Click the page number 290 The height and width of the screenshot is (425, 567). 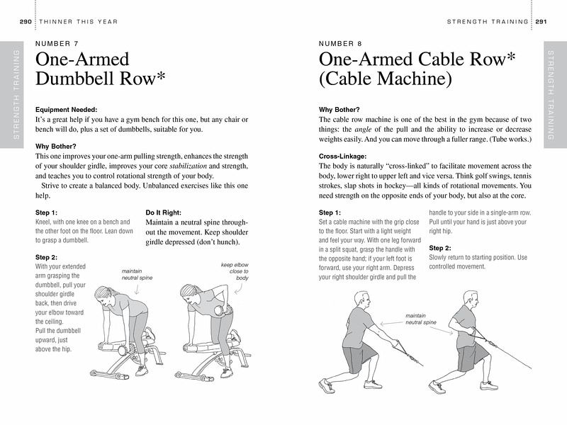(26, 22)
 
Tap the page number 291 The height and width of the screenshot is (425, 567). (541, 22)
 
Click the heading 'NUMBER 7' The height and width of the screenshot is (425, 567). (57, 44)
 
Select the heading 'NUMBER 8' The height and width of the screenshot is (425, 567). (340, 44)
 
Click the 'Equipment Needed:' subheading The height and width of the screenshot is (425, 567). (67, 110)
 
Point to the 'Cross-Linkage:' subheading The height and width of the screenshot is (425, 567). (343, 157)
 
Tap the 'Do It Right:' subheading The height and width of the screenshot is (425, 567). (164, 213)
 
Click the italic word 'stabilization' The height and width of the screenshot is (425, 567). (188, 166)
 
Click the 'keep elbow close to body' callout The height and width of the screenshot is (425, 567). (235, 271)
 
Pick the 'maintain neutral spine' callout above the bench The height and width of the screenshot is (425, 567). (137, 274)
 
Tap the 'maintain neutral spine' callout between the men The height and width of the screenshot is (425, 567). (421, 319)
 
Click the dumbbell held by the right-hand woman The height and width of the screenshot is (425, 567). (220, 312)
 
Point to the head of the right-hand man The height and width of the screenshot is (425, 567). (471, 300)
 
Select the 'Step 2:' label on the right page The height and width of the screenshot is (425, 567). (440, 249)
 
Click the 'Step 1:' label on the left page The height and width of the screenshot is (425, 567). (46, 213)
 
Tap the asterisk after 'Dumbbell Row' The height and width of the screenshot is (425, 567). (161, 76)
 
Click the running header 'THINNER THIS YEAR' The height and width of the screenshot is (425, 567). (79, 22)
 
